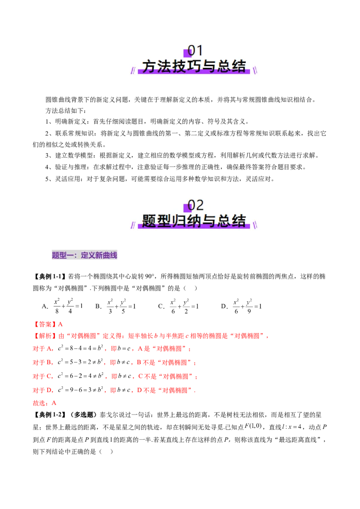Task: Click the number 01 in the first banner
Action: pos(195,51)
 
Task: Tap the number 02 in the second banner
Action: pos(196,205)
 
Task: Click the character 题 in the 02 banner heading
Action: pos(150,221)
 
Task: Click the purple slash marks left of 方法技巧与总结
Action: pos(133,71)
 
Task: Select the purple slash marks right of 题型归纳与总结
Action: pos(256,224)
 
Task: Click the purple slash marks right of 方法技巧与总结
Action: pos(256,70)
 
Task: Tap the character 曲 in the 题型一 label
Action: pos(107,256)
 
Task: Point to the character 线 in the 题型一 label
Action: pos(114,256)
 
